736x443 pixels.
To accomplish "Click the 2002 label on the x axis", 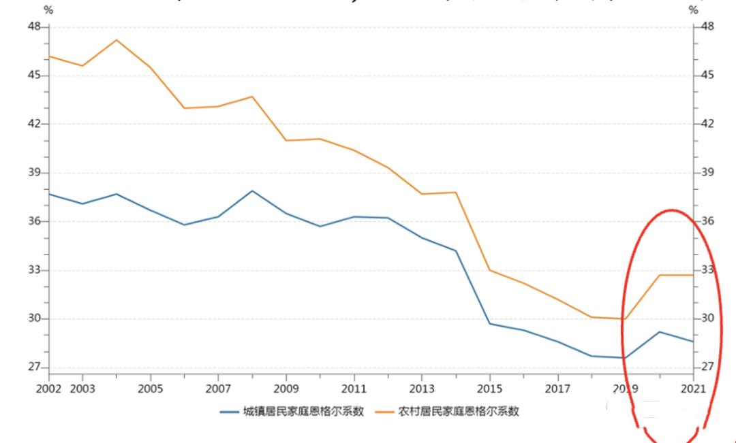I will point(49,389).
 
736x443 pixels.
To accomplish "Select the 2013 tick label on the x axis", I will point(422,389).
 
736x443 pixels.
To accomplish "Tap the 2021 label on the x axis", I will point(693,389).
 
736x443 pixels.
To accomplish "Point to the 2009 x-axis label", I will point(286,389).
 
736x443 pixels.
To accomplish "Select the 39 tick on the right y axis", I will point(707,173).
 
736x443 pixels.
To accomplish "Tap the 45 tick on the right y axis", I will point(707,75).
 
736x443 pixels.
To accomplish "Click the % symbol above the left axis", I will point(47,10).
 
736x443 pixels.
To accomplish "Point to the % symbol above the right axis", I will point(694,10).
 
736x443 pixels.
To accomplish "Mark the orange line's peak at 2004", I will point(117,39).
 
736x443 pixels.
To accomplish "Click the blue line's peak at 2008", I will point(252,191).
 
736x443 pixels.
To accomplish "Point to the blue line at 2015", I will point(489,323).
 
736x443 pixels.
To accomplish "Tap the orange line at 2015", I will point(489,270).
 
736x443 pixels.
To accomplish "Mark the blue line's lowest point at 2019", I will point(625,358).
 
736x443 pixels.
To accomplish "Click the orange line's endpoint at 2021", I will point(693,275).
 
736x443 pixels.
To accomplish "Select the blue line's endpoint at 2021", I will point(693,342).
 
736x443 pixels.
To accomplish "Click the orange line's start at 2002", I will point(49,56).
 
